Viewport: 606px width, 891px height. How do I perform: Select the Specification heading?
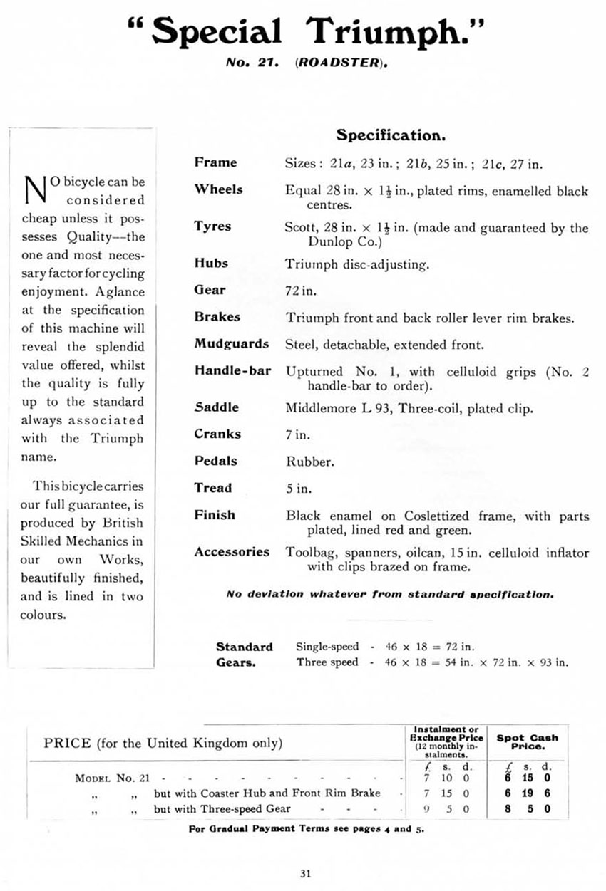[391, 135]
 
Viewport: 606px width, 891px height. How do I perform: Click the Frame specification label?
[216, 162]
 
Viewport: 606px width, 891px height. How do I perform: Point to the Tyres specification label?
[213, 226]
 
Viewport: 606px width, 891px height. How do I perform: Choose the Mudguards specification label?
[232, 344]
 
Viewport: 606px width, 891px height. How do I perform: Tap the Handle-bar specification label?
[232, 371]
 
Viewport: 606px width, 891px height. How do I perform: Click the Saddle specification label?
[217, 407]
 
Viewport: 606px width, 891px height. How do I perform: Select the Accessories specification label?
[232, 551]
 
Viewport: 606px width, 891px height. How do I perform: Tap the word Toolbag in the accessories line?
[310, 552]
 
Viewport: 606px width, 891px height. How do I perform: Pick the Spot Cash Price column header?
[527, 742]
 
